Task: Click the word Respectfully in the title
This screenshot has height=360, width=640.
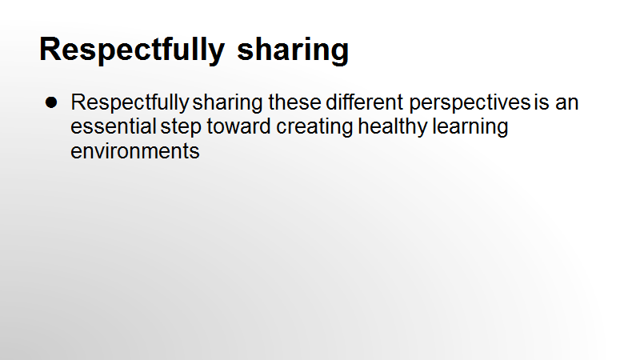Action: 132,50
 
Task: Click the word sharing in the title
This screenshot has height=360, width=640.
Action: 293,50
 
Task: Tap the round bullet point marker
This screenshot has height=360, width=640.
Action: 51,102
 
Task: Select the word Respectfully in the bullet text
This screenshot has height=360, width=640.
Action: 130,103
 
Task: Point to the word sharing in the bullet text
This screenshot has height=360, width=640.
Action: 227,103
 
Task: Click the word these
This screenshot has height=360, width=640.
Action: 294,102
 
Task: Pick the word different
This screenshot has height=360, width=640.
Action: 365,102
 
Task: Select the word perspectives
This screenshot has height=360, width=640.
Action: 470,103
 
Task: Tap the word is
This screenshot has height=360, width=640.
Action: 542,102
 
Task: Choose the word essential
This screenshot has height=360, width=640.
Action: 114,126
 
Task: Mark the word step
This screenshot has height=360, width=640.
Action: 181,128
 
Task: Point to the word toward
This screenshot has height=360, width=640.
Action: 238,126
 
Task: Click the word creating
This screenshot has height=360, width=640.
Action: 314,127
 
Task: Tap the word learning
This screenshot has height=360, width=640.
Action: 470,127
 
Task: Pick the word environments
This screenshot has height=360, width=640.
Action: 135,151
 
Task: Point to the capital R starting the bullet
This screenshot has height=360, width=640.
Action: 78,102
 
